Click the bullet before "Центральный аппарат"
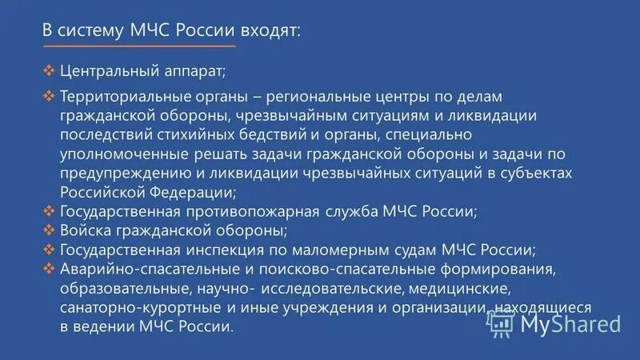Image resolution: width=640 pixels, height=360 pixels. (49, 70)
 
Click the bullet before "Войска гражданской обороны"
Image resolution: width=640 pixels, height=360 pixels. (49, 230)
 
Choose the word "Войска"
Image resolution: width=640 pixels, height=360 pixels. (85, 231)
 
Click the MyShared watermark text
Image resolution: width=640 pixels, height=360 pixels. (570, 324)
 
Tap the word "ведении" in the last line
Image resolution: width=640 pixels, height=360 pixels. (102, 327)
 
